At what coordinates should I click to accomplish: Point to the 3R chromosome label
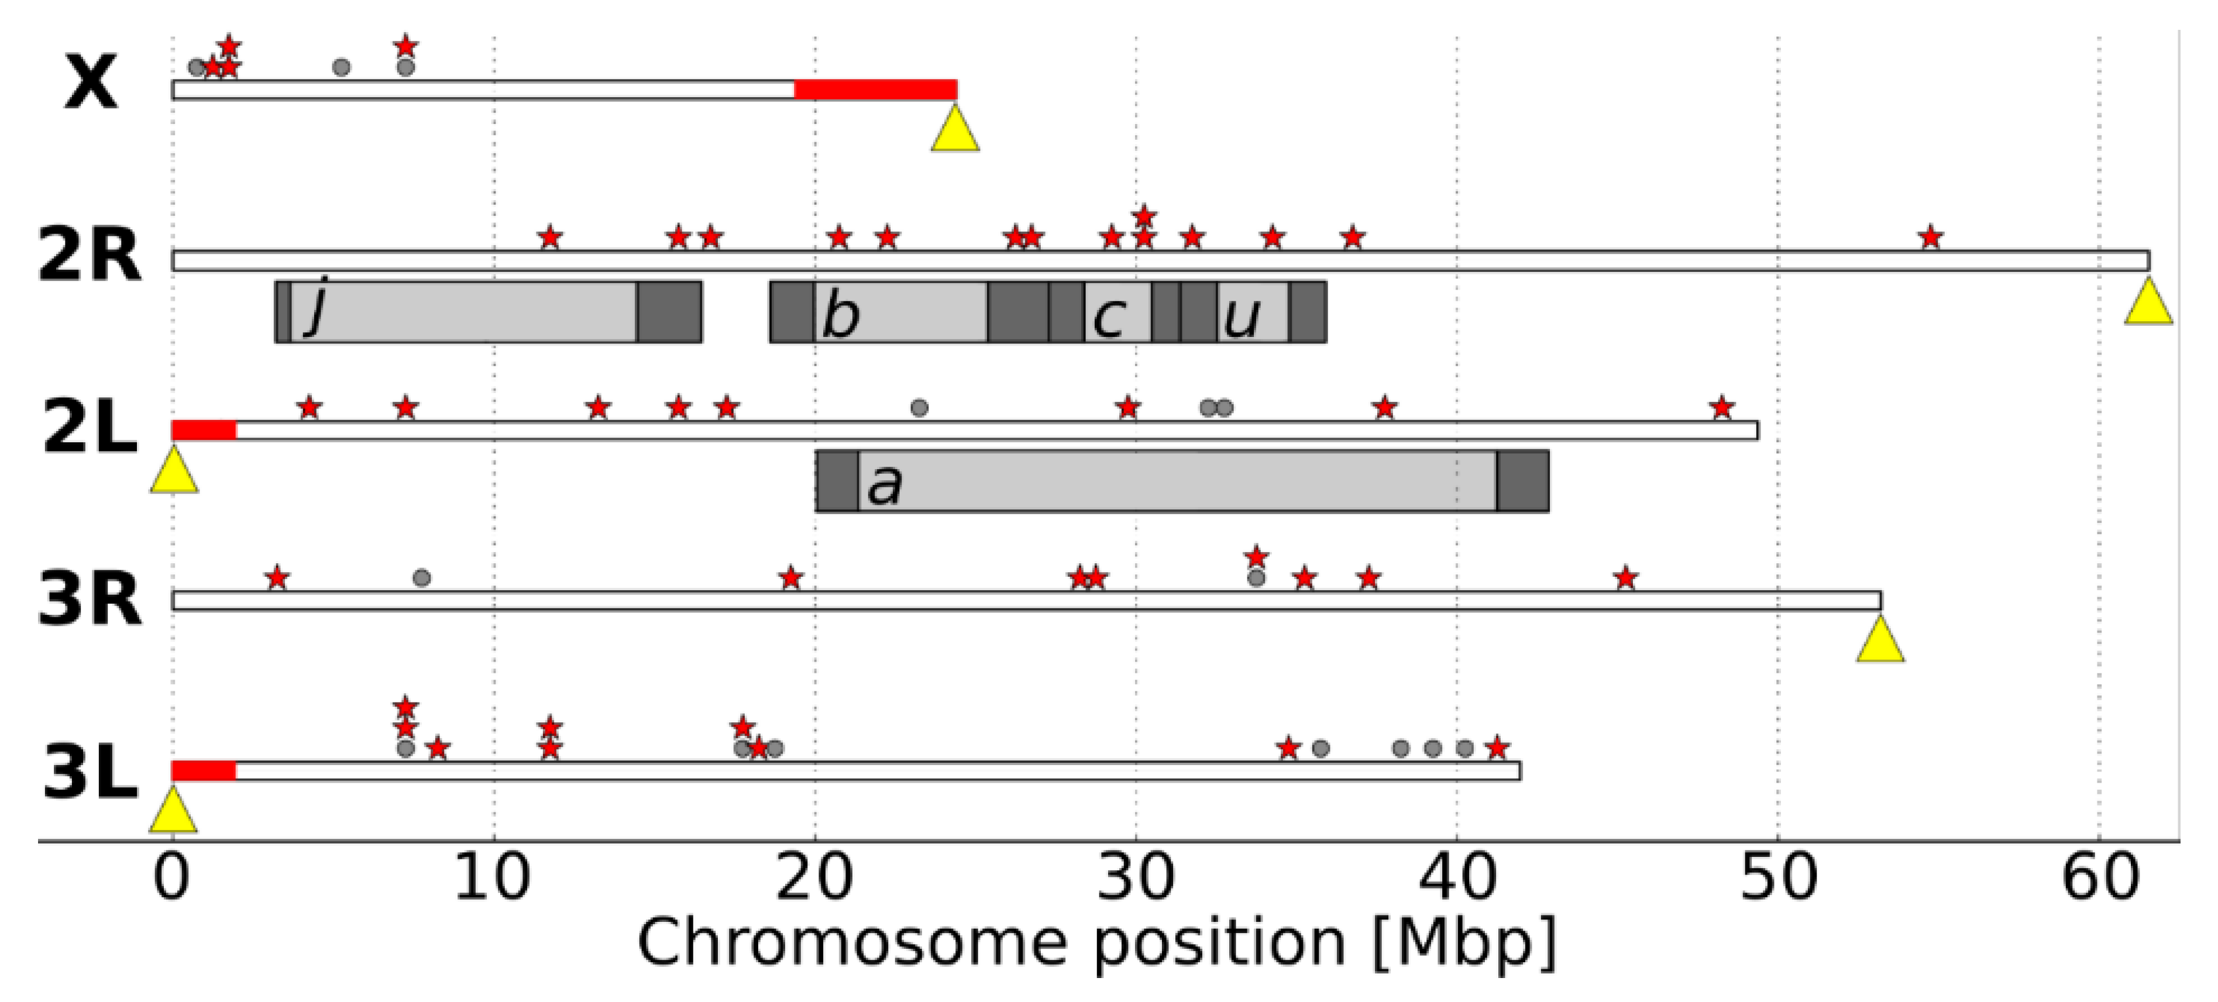pos(89,600)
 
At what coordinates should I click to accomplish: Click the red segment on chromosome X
pos(875,89)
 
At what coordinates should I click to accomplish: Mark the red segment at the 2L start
pos(204,431)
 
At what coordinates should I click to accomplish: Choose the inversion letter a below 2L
pos(884,484)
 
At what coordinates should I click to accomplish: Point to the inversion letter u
pos(1241,316)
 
